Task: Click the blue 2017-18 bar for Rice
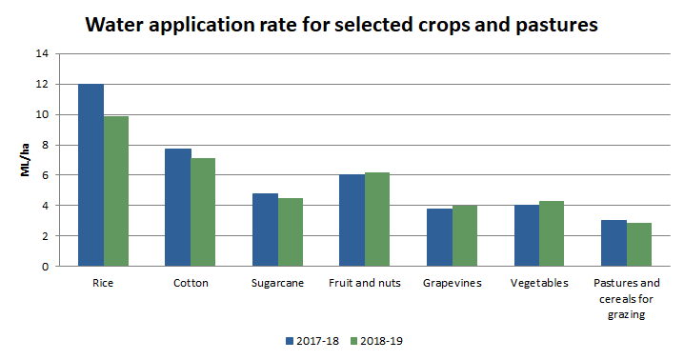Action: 91,175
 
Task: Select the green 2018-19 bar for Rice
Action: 116,191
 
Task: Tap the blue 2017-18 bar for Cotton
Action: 178,208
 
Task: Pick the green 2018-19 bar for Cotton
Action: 203,212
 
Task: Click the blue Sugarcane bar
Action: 265,230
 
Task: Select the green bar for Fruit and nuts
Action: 377,219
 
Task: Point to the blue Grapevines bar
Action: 440,237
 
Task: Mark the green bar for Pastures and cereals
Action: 639,245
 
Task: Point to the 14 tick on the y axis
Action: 42,54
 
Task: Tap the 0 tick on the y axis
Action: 45,267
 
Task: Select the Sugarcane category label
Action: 277,283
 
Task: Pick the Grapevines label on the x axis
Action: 453,283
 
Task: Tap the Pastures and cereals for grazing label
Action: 626,299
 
